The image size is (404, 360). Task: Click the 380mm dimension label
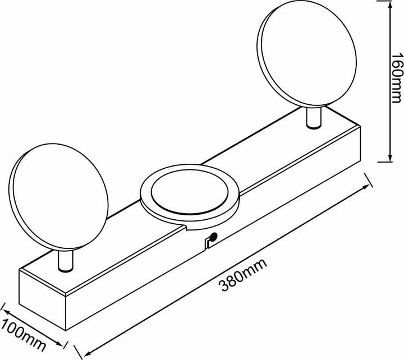pos(243,275)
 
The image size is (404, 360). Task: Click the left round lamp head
pos(58,197)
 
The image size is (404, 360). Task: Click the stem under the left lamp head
pos(66,261)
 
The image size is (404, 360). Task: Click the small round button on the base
pos(214,236)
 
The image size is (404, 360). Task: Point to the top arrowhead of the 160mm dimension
pos(390,4)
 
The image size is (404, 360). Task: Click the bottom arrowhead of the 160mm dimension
pos(390,158)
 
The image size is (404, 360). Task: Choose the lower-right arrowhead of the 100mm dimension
pos(59,343)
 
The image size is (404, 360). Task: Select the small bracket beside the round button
pos(208,243)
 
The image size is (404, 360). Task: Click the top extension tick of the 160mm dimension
pos(386,1)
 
